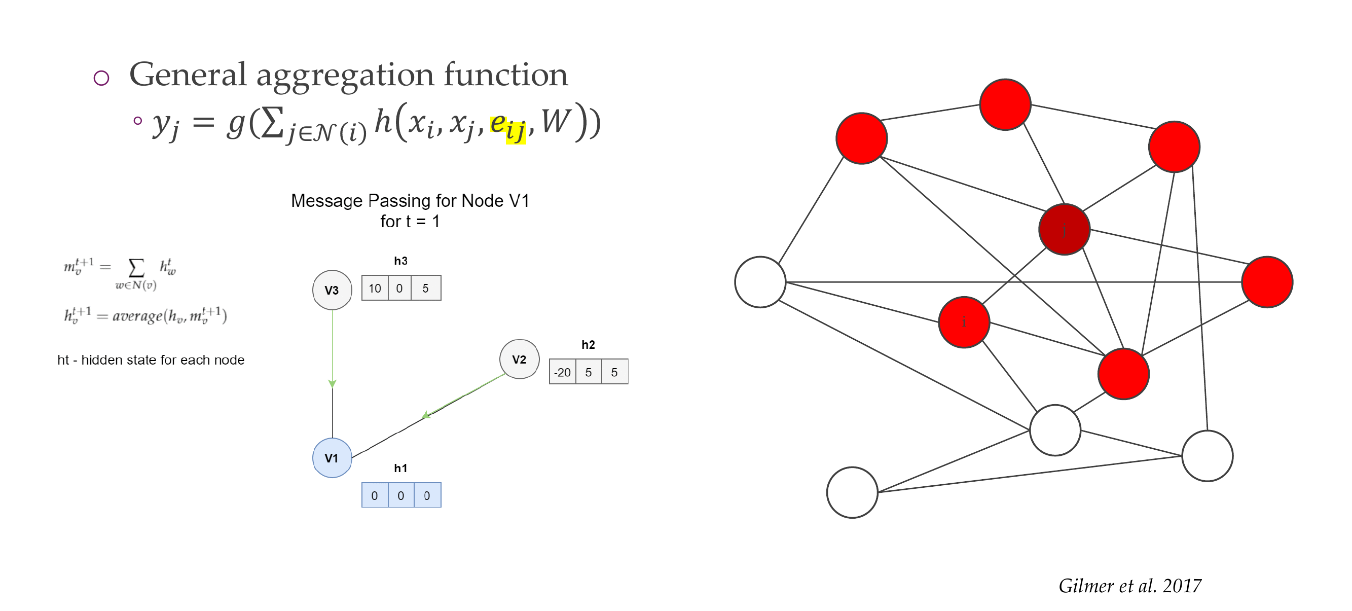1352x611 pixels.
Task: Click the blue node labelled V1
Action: click(332, 458)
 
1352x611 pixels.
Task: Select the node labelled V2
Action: click(519, 359)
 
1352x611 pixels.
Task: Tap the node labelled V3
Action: click(332, 290)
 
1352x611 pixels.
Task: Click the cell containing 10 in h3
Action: click(375, 288)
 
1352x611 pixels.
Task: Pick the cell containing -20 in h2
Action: click(562, 372)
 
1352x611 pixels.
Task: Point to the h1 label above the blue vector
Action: click(400, 468)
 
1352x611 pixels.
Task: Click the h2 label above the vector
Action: click(588, 345)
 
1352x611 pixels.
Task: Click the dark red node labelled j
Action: click(1064, 229)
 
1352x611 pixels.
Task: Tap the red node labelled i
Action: click(964, 322)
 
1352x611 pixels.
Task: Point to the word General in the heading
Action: click(188, 75)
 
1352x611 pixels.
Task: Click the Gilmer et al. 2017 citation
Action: click(1129, 585)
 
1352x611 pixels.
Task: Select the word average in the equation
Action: click(137, 315)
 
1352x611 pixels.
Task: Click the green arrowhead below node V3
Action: click(332, 384)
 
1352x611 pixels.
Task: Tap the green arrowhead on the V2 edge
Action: click(426, 415)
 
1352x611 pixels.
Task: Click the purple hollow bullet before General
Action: click(101, 78)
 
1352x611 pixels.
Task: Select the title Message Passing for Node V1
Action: click(410, 200)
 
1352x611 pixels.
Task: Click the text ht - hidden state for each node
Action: click(151, 360)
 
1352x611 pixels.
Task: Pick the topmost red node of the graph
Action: click(1005, 104)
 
